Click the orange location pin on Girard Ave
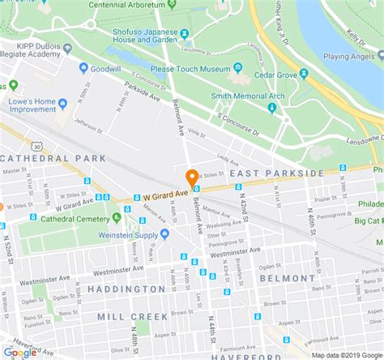[x=192, y=178]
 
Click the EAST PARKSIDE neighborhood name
[x=275, y=174]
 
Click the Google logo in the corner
[x=20, y=352]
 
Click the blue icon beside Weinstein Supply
[x=164, y=234]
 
